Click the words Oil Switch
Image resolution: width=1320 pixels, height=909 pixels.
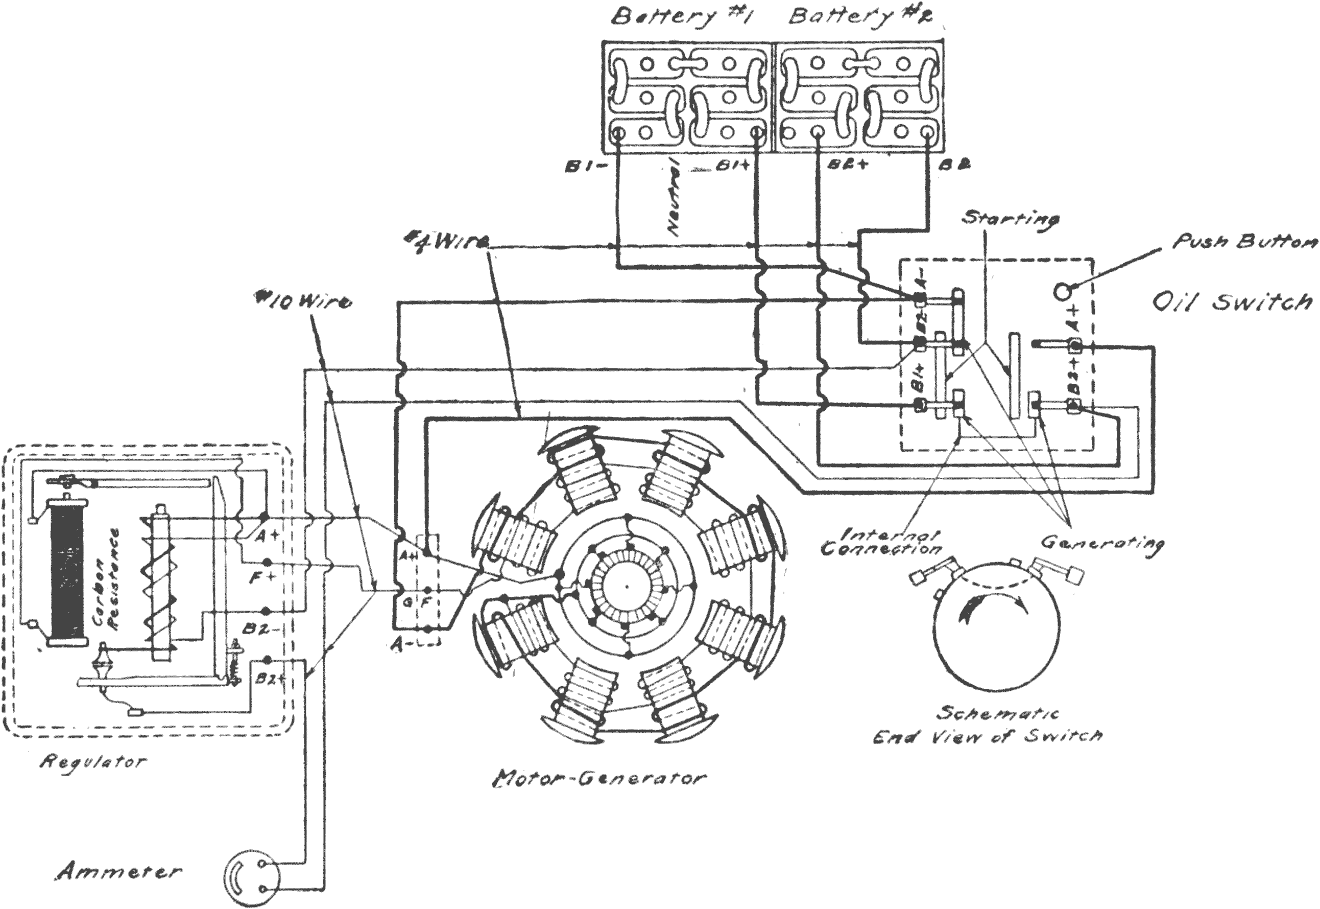pos(1232,301)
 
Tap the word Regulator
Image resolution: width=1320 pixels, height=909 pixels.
pos(92,762)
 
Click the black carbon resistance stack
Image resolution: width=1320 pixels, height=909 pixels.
pos(67,570)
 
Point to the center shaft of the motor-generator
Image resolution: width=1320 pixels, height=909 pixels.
pos(626,586)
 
